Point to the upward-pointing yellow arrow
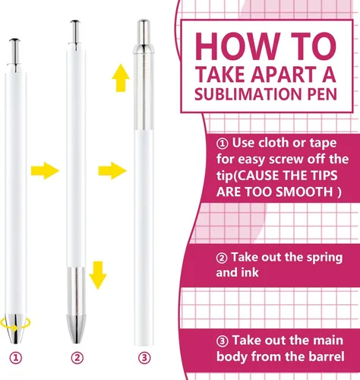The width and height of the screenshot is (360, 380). (121, 78)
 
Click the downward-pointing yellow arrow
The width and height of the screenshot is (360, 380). (98, 275)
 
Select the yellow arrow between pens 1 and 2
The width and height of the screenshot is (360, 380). (45, 170)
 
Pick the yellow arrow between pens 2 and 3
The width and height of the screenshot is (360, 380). (112, 170)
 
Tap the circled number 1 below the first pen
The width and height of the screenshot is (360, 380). (16, 358)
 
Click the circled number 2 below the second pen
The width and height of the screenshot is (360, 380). (77, 358)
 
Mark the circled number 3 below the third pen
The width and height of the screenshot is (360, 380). (144, 358)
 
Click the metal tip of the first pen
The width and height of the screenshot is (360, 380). (15, 328)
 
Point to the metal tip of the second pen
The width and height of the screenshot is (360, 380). (76, 329)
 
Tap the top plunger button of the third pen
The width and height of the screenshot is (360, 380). (144, 32)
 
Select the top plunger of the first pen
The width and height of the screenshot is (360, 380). (14, 52)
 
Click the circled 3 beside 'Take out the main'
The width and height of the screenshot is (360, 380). (223, 341)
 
